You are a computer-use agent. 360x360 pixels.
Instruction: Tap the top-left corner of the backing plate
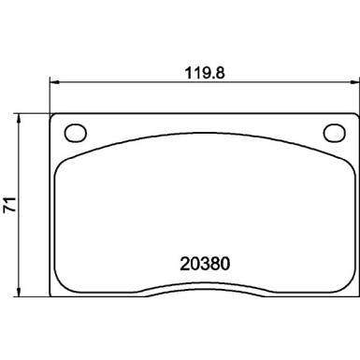tap(52, 117)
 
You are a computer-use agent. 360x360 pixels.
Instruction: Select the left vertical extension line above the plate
tap(49, 94)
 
